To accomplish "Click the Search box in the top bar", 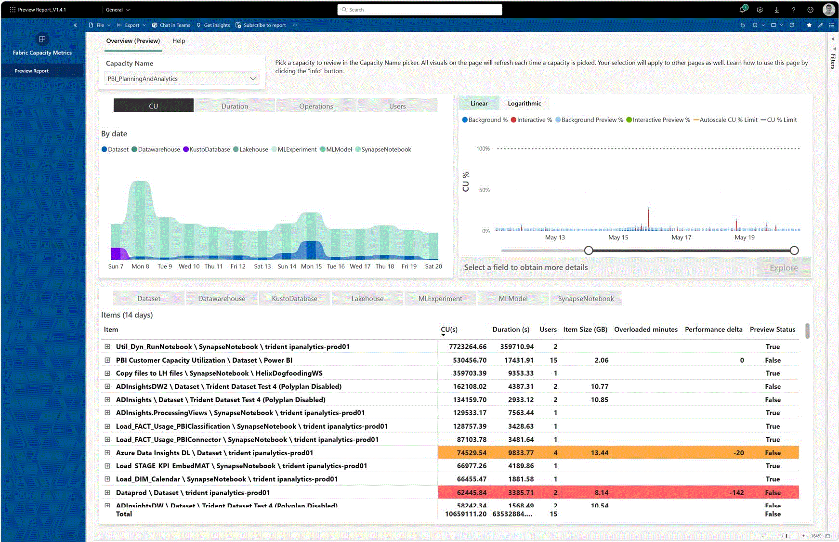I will [419, 10].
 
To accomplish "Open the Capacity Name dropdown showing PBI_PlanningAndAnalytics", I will [182, 79].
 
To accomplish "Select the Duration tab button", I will [235, 106].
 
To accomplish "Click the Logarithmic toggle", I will [524, 103].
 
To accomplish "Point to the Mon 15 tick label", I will [311, 266].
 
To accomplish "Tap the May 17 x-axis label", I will [681, 238].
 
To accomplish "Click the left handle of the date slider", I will [589, 251].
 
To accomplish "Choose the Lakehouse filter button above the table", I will [367, 299].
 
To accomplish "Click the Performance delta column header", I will [713, 330].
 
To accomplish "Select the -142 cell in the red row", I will [736, 492].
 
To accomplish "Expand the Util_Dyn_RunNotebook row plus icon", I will [107, 346].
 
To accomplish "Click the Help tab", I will [179, 41].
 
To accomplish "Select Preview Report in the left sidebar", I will [32, 71].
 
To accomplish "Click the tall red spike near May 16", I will [648, 218].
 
